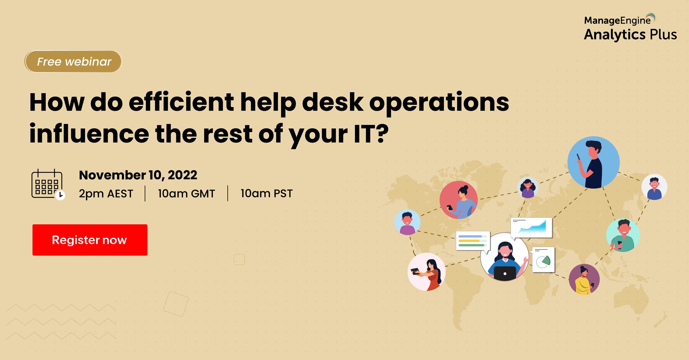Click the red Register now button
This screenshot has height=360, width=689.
[x=90, y=240]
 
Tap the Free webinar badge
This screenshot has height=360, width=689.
[x=73, y=62]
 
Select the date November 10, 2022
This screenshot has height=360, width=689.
[x=138, y=175]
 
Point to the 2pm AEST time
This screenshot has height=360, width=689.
[x=106, y=194]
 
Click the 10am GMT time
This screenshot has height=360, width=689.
[x=186, y=193]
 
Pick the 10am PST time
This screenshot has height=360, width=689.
[x=267, y=193]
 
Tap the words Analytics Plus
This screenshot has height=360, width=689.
[x=630, y=35]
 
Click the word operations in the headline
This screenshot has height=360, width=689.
[x=439, y=103]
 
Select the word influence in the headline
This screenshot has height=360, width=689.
[x=89, y=134]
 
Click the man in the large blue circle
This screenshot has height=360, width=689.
[x=594, y=163]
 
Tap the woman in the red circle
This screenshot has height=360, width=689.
[x=458, y=200]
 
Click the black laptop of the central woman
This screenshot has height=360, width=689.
[x=505, y=273]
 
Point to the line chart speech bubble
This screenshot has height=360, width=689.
[x=532, y=228]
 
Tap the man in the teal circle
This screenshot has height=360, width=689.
[x=623, y=235]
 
